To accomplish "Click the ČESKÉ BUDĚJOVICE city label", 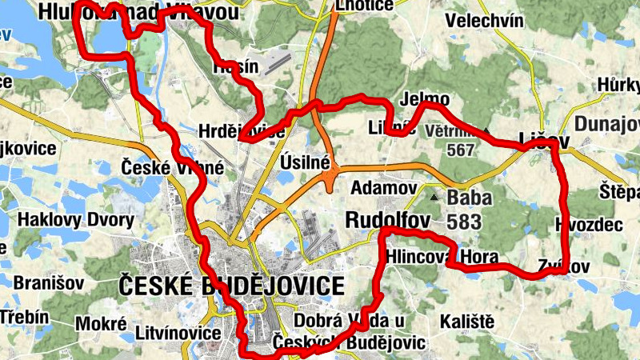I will click(x=231, y=286).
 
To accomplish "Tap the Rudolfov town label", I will click(x=388, y=219).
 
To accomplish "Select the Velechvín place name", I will click(x=486, y=20).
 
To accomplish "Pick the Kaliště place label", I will click(x=467, y=322).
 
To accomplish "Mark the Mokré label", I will click(x=101, y=324).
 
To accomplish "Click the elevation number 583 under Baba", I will click(x=463, y=221).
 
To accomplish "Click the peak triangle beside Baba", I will click(x=434, y=196).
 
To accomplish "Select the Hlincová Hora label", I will click(x=442, y=257).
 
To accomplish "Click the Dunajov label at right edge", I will click(x=607, y=124).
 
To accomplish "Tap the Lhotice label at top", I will click(x=365, y=6).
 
